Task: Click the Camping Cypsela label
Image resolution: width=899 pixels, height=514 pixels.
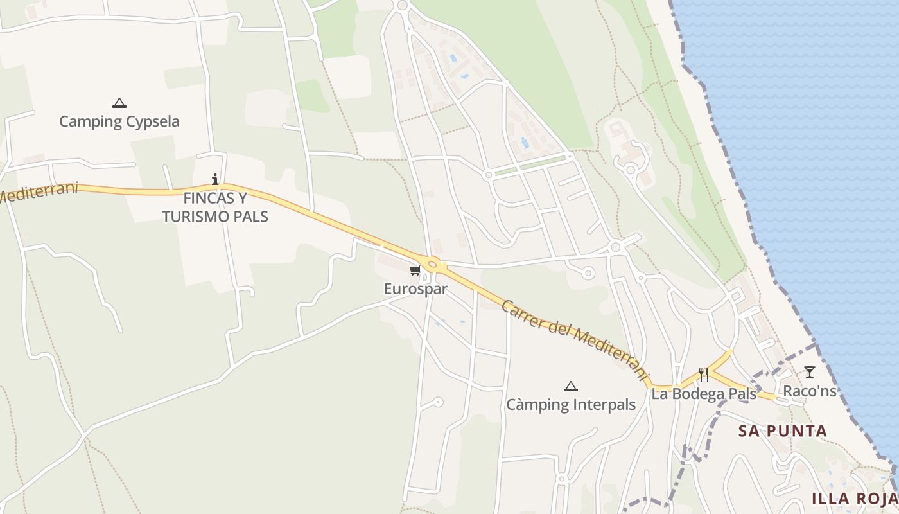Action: (x=119, y=121)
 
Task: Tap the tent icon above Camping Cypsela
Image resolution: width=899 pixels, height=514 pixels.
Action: (x=119, y=103)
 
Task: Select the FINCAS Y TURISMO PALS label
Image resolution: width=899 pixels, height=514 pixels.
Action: (x=215, y=208)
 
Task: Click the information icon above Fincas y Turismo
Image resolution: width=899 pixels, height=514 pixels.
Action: (x=215, y=179)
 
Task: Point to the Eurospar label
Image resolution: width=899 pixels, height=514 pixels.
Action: (x=415, y=289)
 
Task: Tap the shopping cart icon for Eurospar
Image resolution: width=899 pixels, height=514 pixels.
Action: (x=415, y=270)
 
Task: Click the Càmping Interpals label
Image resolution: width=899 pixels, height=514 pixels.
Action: (x=571, y=405)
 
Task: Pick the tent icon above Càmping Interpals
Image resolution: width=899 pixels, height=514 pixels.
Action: (x=570, y=386)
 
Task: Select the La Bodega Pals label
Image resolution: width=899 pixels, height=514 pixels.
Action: (x=704, y=394)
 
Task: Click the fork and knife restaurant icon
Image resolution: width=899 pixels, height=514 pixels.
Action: (x=704, y=375)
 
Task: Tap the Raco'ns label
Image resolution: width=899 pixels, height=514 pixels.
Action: (x=810, y=391)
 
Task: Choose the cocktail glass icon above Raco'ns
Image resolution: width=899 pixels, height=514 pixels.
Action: (x=810, y=371)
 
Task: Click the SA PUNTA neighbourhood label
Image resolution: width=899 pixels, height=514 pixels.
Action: (x=783, y=431)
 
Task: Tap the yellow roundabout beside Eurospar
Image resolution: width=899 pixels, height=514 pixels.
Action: (x=432, y=263)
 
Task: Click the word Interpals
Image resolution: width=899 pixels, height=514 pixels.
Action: (x=604, y=405)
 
